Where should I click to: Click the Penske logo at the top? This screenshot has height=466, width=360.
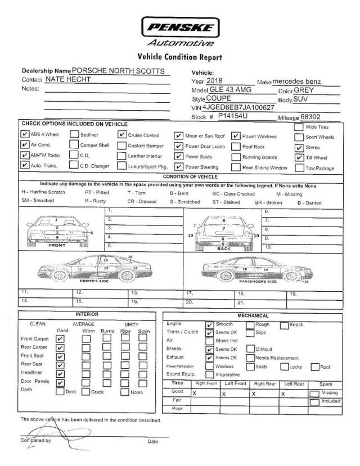[179, 27]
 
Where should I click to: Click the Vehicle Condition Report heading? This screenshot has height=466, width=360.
[179, 57]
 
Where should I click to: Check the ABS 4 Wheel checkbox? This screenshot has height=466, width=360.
[24, 135]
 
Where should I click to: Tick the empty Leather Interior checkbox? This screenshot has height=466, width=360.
[121, 156]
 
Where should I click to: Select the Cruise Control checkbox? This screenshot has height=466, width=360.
[122, 135]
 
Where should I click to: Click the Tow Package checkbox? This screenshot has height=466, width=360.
[298, 168]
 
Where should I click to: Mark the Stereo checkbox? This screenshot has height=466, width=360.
[299, 147]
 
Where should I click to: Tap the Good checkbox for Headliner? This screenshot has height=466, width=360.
[61, 373]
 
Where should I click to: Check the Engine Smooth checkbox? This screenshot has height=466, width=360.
[209, 324]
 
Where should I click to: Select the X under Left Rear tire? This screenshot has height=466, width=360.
[283, 394]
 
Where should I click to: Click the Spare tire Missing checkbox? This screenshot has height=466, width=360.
[314, 393]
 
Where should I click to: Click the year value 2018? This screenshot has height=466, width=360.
[215, 82]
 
